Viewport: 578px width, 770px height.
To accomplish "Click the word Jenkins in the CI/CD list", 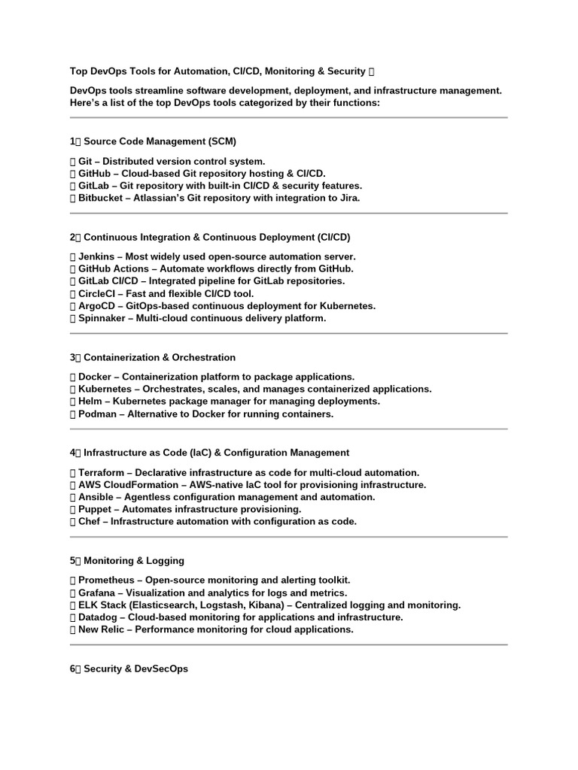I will point(96,256).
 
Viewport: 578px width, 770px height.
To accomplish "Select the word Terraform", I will point(103,473).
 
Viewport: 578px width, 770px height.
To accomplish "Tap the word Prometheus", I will point(108,581).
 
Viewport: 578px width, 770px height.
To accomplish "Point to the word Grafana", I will point(99,593).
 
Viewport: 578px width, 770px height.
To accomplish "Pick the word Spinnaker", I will point(103,318).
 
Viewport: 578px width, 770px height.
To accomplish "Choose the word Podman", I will point(99,414).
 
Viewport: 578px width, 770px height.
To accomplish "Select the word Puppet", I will point(96,509).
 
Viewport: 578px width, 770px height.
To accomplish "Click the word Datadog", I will point(99,617).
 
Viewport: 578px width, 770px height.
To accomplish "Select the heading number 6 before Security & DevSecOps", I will point(72,668).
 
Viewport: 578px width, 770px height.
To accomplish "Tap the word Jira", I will point(350,198).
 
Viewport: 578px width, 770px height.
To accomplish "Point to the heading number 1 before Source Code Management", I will point(72,141).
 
